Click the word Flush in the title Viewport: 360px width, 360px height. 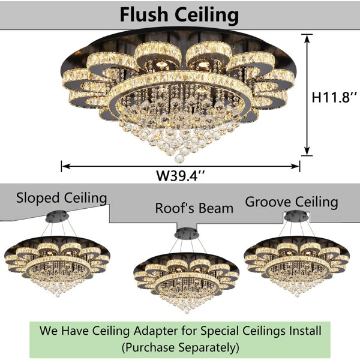pos(144,14)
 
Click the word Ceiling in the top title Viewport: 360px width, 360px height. pos(206,16)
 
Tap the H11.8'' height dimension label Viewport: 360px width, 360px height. pos(334,97)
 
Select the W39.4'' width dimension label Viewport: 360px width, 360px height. pos(181,176)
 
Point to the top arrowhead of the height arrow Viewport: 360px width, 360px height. pos(307,38)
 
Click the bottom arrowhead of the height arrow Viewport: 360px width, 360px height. pos(307,151)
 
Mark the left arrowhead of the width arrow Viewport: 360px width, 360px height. pos(66,166)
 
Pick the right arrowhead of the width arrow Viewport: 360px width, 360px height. pos(295,166)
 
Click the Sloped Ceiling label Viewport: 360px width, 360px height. pos(62,198)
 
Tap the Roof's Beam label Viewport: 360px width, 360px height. pos(194,208)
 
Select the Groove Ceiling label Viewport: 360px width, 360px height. pos(292,202)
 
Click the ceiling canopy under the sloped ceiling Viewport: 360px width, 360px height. pos(57,217)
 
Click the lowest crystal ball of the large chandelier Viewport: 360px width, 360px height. pos(179,158)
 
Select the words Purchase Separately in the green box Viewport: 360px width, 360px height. pos(181,347)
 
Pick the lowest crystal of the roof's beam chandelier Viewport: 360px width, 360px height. pos(187,312)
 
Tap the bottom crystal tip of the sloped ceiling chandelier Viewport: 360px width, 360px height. pos(58,295)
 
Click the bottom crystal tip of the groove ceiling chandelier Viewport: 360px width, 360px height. pos(298,295)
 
